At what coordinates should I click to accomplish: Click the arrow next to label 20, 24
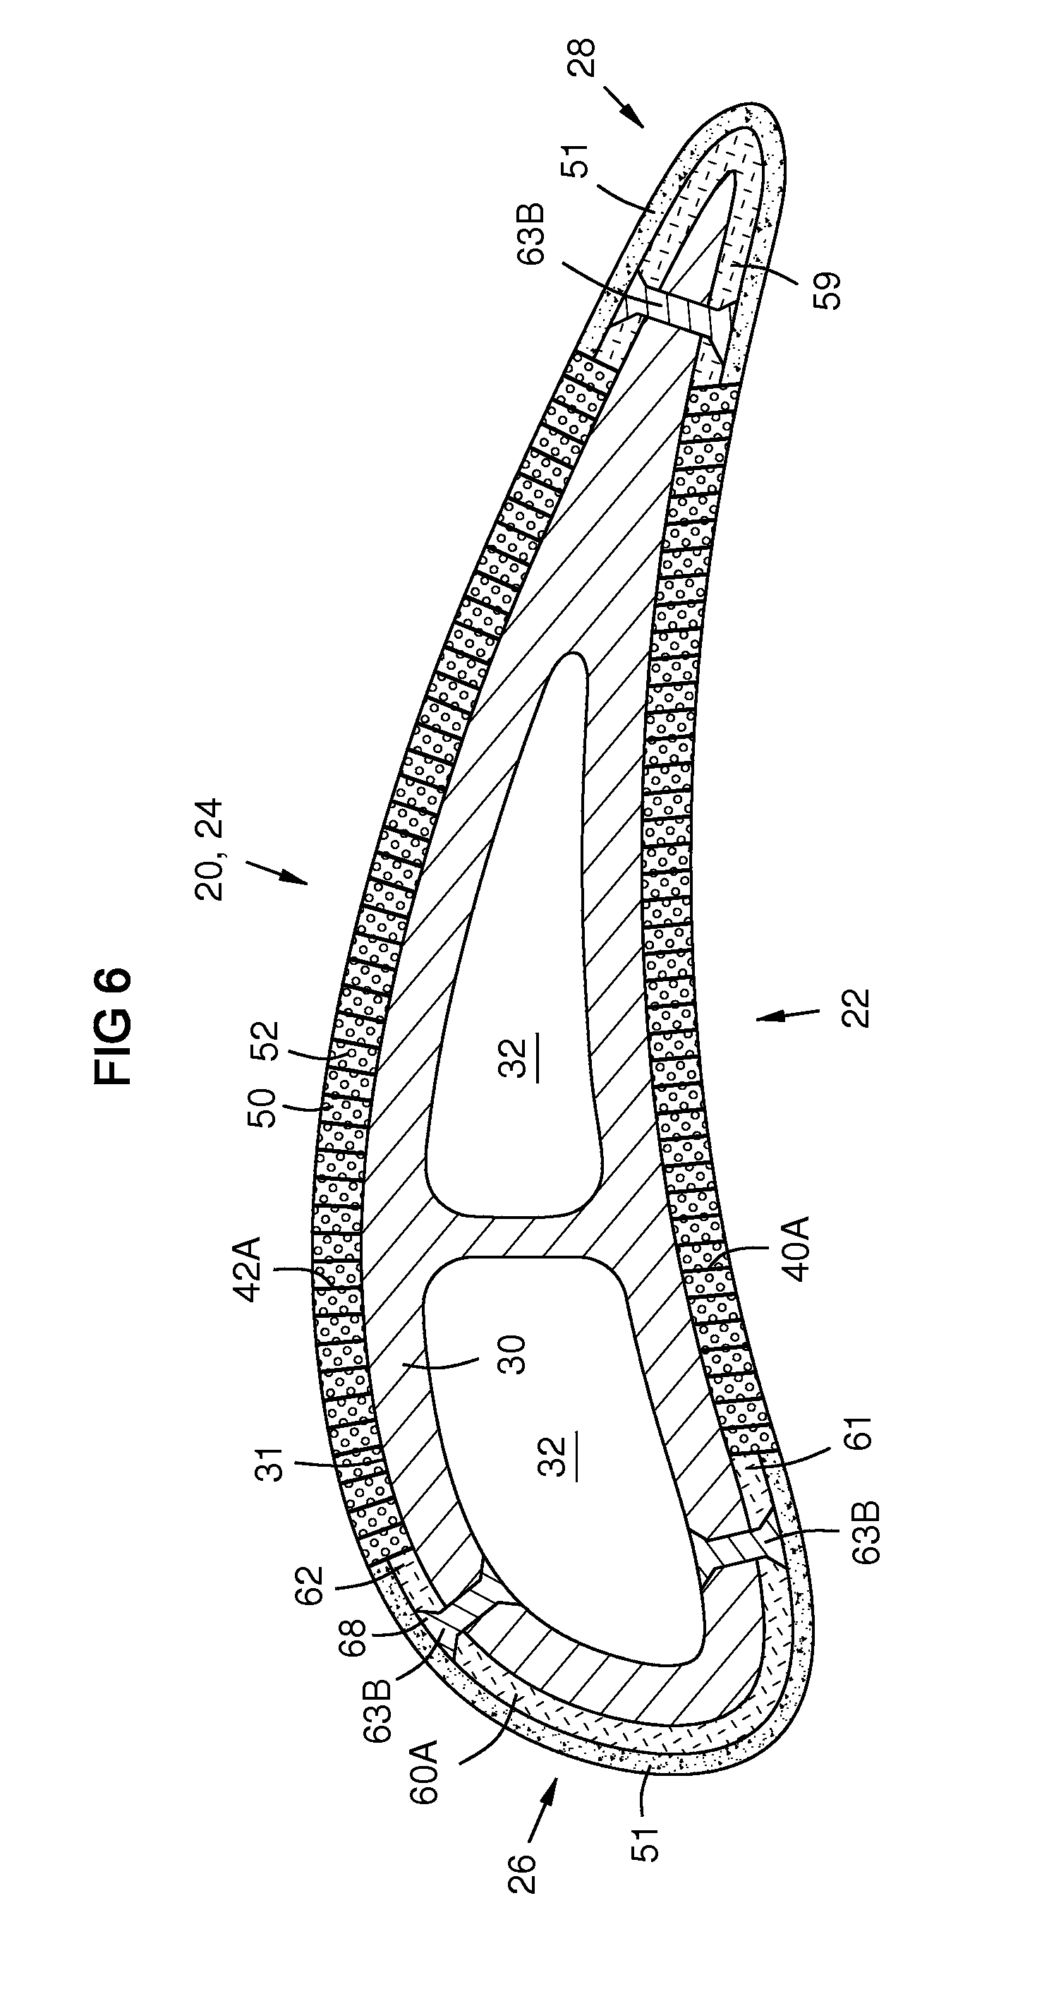[278, 870]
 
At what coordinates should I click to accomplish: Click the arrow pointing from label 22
[787, 1015]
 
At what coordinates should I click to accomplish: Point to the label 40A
[796, 1249]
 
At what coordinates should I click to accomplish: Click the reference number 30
[511, 1354]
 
